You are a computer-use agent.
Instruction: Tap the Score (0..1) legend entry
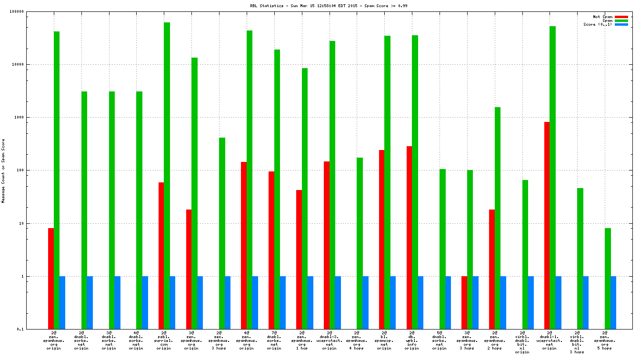(598, 24)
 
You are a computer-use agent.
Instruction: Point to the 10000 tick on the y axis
(30, 64)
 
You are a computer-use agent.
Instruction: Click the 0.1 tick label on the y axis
(33, 329)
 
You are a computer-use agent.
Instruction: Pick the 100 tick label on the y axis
(32, 170)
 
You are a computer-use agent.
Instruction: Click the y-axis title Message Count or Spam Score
(3, 171)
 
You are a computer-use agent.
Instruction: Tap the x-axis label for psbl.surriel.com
(164, 340)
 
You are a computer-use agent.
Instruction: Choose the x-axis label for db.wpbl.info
(412, 340)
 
